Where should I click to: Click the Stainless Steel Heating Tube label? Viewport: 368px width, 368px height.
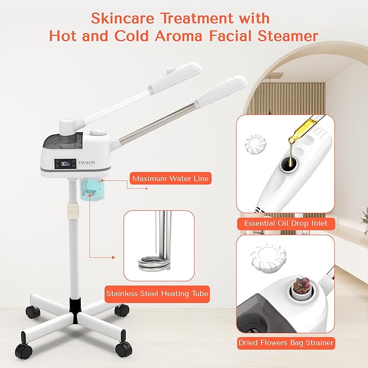(157, 294)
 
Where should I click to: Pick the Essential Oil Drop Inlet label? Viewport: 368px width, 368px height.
(285, 223)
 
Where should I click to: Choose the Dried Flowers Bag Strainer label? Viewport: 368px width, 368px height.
(285, 343)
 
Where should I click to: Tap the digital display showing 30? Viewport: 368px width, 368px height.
(65, 163)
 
